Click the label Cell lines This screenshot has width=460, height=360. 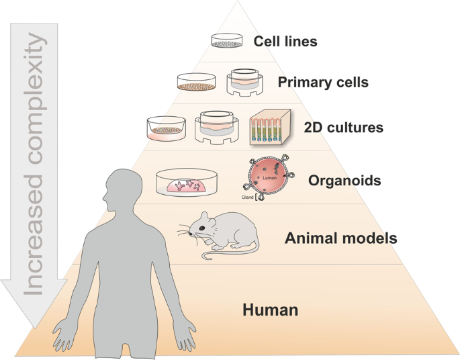[x=285, y=42]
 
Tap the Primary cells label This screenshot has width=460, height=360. [x=322, y=83]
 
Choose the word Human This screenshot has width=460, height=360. [x=270, y=310]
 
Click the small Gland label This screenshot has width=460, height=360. [x=247, y=199]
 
